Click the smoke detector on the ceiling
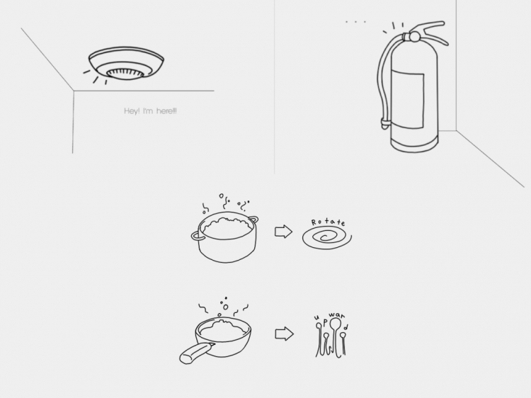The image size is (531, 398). coord(126,63)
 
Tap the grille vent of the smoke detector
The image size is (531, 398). coord(125,74)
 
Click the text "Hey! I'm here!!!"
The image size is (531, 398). coord(150,111)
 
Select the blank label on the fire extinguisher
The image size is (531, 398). coord(407,98)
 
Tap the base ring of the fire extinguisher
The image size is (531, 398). coord(414,144)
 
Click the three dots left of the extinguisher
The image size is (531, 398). coord(355,22)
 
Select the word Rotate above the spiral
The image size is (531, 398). coord(328,222)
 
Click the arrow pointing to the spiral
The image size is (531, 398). coord(283,232)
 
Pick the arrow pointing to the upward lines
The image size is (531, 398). coord(284,334)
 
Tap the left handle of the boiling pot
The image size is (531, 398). coord(197,236)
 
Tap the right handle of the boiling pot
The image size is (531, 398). coord(253,220)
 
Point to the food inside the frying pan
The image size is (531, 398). coord(223,329)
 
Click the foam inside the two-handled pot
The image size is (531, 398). coord(227,227)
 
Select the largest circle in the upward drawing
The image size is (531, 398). coord(335,323)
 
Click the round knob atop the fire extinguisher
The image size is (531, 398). coord(415,37)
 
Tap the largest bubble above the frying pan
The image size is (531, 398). coord(226,307)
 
